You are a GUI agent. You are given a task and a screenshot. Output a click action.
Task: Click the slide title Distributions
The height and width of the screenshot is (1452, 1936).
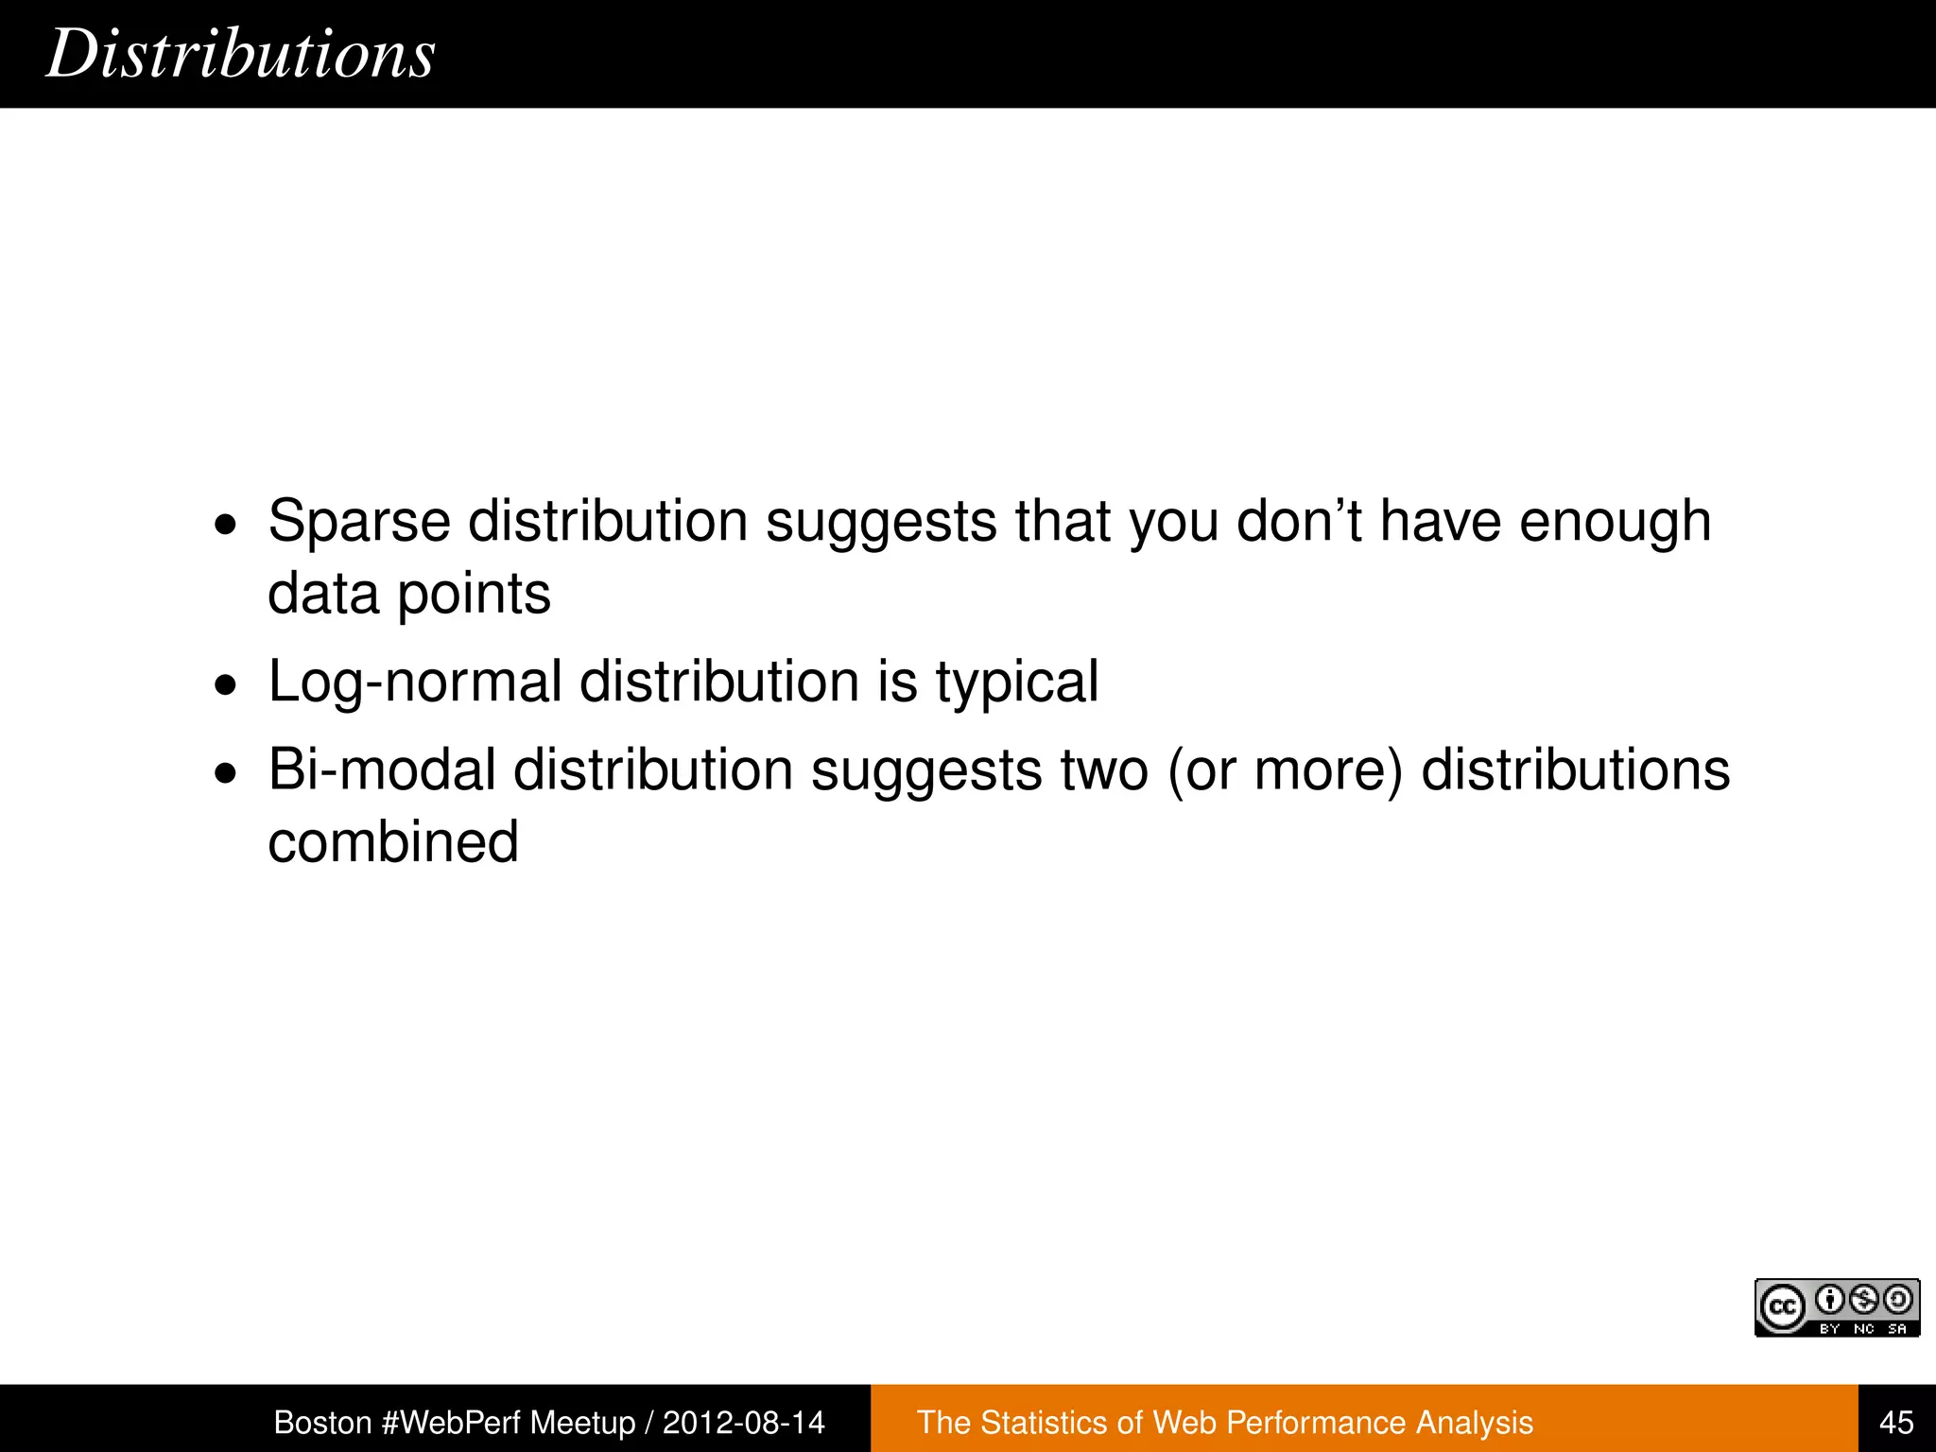click(x=240, y=54)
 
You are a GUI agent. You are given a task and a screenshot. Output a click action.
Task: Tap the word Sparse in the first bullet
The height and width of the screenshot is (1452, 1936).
click(x=359, y=521)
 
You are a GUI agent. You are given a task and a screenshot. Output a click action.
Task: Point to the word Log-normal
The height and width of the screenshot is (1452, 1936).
click(x=415, y=682)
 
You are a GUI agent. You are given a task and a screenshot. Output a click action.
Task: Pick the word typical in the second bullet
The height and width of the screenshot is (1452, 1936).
click(x=1017, y=682)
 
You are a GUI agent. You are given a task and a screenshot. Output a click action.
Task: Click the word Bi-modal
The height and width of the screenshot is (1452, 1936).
click(x=382, y=769)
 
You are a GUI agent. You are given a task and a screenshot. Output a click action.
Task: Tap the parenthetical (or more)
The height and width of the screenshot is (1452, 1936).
click(x=1285, y=769)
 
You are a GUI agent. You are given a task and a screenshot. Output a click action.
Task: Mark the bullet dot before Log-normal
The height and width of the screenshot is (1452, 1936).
click(x=226, y=684)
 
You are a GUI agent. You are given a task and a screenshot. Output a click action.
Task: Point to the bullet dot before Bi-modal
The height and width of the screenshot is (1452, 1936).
click(x=226, y=772)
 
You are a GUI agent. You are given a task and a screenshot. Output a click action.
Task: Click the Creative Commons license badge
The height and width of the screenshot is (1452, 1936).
click(x=1837, y=1307)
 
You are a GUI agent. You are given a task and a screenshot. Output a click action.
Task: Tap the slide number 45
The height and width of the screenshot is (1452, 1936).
click(x=1896, y=1423)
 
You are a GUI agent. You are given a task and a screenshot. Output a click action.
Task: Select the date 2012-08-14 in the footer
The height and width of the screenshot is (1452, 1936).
click(x=744, y=1423)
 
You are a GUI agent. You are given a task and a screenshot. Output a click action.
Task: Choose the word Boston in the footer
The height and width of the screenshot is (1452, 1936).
click(x=322, y=1423)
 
